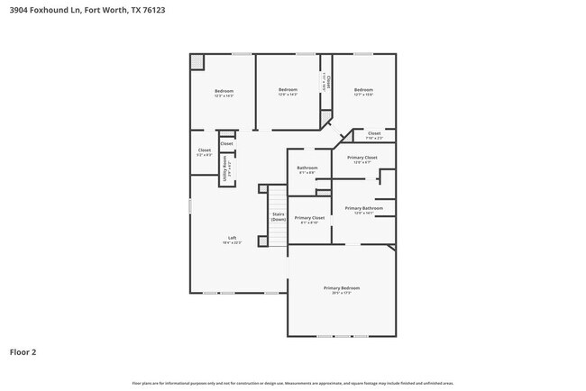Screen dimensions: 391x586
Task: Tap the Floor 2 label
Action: [23, 352]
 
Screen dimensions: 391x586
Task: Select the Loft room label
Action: [232, 238]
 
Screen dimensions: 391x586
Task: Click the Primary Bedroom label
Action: [341, 287]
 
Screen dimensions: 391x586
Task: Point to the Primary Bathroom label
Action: [363, 208]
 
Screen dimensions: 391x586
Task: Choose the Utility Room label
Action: [225, 167]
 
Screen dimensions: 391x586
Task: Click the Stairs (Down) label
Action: [279, 217]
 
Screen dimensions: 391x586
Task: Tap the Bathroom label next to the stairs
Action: [307, 168]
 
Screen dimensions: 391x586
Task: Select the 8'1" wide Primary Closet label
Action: [309, 218]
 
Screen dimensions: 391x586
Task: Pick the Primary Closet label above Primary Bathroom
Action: [362, 158]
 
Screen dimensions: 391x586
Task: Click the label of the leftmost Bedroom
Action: [224, 90]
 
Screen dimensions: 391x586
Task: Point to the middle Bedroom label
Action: [288, 89]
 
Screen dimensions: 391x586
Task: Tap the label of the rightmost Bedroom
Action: [363, 89]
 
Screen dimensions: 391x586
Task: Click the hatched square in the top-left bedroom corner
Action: [197, 61]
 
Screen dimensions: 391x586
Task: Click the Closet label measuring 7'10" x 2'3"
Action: [373, 133]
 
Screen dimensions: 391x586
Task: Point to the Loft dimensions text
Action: [232, 243]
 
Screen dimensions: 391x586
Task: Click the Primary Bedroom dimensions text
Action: [341, 293]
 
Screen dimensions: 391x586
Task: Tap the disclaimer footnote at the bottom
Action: [293, 383]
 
